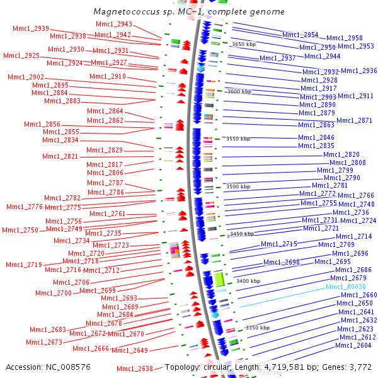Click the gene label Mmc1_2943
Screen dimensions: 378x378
(114, 24)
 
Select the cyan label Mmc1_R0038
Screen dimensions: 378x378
(346, 287)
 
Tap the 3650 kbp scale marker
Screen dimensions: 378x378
(244, 44)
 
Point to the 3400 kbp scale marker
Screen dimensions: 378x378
(248, 281)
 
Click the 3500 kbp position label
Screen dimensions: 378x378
(238, 186)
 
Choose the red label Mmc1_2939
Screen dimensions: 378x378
(31, 28)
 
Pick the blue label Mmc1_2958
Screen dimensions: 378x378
(345, 38)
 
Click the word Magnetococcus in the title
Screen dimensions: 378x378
(127, 11)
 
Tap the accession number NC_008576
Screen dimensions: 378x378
(68, 367)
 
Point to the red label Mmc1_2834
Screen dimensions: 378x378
(60, 140)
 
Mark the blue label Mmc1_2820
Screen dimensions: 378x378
(341, 154)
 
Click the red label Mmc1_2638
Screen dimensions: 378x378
(135, 369)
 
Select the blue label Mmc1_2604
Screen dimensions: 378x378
(353, 345)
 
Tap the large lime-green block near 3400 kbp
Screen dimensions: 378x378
(219, 279)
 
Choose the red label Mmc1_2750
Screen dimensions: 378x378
(20, 230)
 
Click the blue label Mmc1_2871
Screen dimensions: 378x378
(354, 120)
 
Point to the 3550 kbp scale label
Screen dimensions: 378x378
(238, 139)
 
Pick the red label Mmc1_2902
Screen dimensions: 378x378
(26, 77)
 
